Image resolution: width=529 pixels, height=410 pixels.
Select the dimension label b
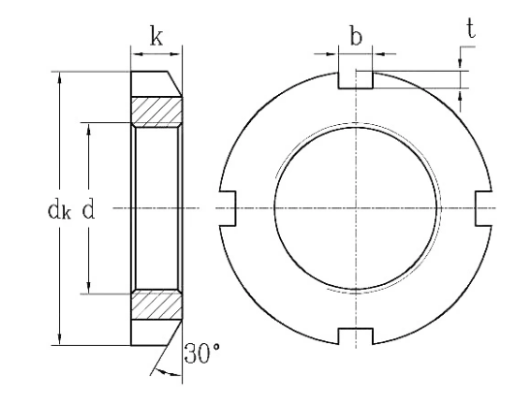tap(357, 39)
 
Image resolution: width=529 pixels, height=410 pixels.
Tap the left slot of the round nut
tap(230, 207)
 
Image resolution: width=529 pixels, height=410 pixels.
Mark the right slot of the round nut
tap(482, 207)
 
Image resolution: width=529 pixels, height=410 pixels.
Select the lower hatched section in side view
tap(157, 306)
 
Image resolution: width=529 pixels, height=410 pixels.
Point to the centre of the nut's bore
tap(356, 208)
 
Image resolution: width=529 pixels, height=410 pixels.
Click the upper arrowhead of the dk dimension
tap(60, 75)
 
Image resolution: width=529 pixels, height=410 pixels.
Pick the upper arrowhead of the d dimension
tap(88, 127)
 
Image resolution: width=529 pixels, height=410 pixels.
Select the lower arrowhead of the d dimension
tap(88, 288)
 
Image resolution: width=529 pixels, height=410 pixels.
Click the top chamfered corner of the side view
tap(177, 81)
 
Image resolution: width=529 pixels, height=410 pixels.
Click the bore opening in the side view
tap(157, 208)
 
